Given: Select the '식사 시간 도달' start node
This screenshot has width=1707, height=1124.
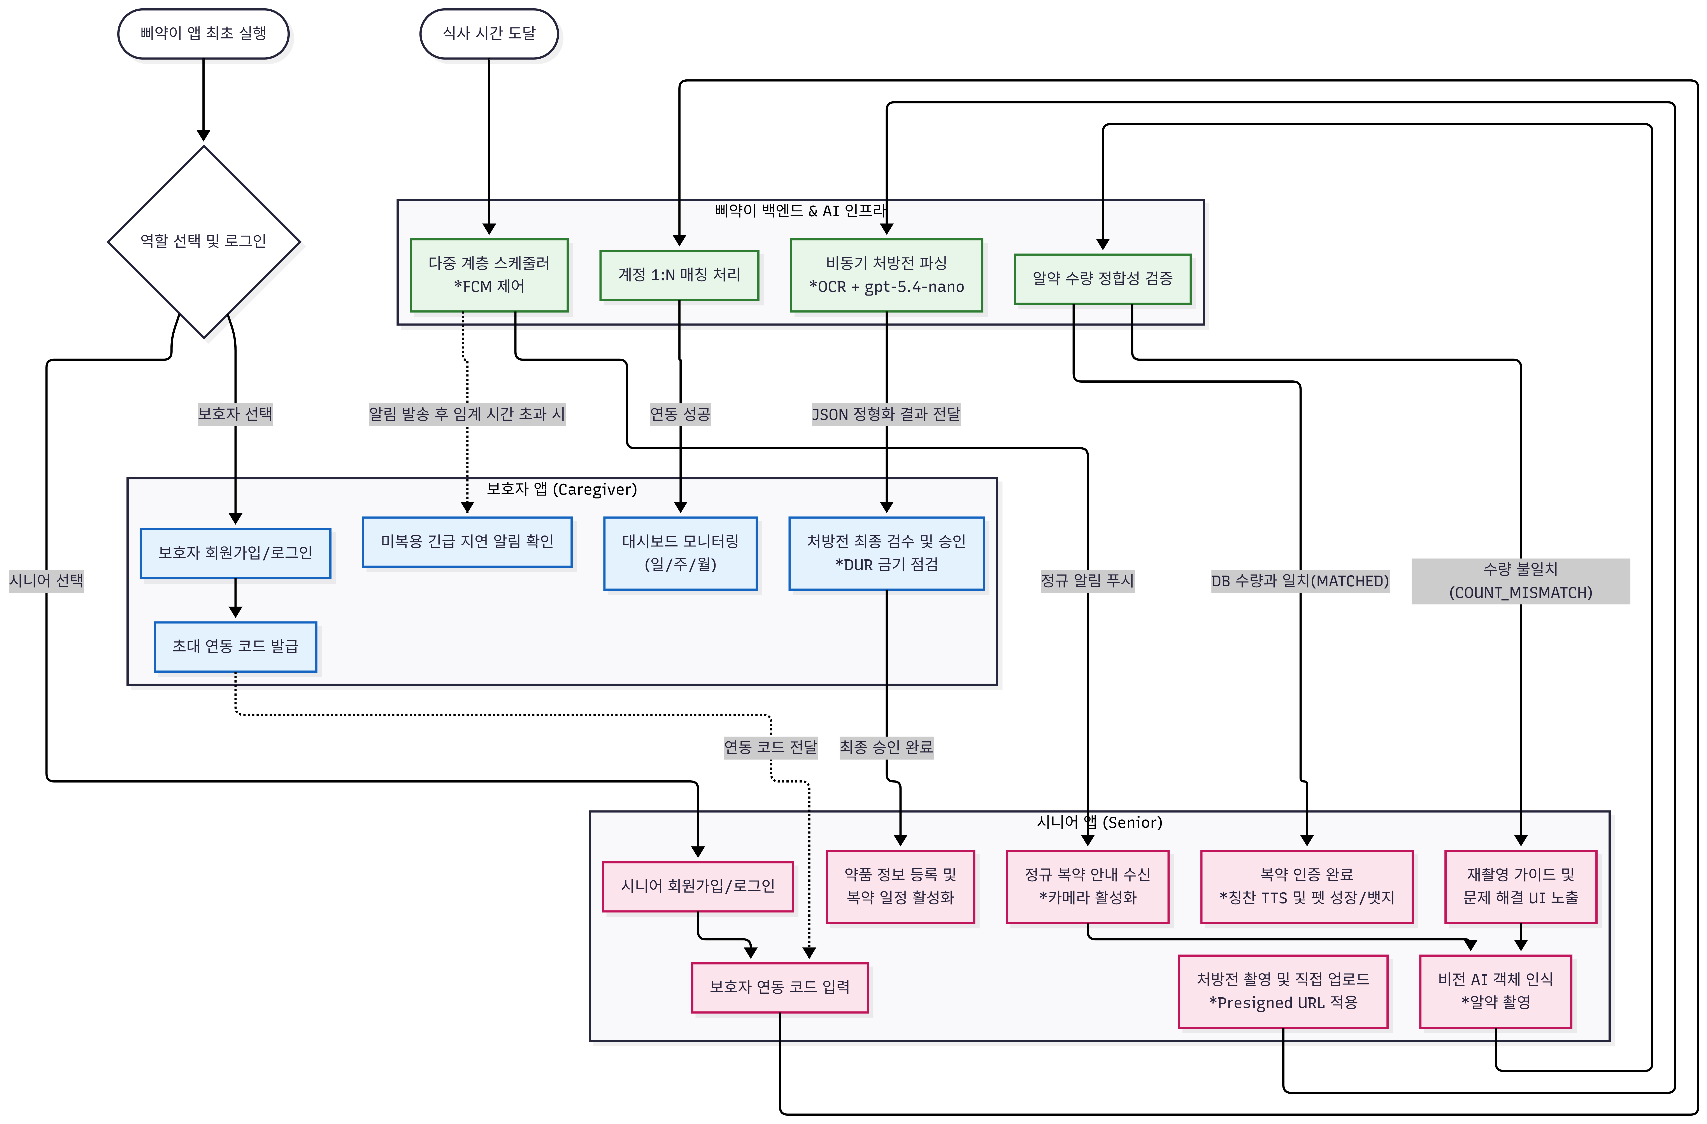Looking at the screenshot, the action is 489,34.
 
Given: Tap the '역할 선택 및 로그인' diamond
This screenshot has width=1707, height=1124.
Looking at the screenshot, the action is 204,242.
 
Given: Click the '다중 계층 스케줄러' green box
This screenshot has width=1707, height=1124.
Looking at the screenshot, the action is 489,275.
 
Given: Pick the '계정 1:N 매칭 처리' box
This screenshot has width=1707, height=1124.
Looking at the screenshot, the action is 679,275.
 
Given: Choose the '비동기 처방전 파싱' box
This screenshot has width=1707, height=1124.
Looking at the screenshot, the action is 886,275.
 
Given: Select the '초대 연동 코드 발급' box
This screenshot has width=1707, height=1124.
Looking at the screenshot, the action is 235,647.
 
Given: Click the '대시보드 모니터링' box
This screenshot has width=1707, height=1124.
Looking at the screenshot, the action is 681,553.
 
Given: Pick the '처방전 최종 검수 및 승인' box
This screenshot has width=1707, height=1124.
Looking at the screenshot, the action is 886,553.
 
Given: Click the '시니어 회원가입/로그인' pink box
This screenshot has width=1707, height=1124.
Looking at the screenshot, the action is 698,887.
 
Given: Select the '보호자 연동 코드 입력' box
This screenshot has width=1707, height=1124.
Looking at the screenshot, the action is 780,988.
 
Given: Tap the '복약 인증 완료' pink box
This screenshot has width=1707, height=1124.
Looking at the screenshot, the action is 1307,887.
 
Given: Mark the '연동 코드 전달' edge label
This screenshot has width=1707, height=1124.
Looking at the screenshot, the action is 771,748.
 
